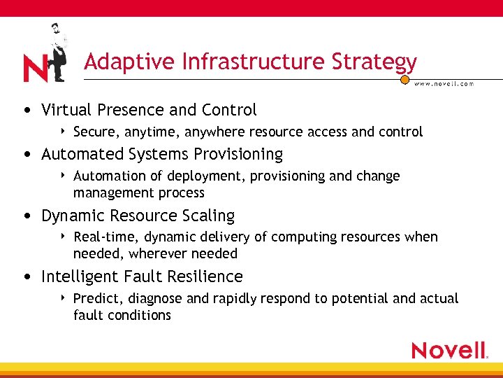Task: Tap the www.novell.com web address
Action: click(x=444, y=83)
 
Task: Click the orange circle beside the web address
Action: click(x=404, y=80)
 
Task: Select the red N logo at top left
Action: click(x=35, y=69)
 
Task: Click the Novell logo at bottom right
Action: click(x=449, y=350)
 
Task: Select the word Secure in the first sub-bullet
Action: click(x=96, y=132)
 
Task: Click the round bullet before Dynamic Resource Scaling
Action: click(x=26, y=216)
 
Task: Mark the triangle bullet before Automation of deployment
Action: click(x=64, y=176)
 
